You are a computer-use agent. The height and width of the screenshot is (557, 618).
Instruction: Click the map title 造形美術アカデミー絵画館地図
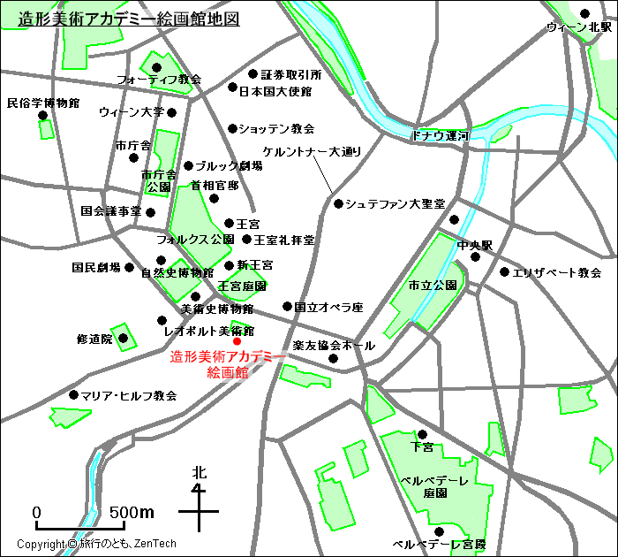pyautogui.click(x=129, y=19)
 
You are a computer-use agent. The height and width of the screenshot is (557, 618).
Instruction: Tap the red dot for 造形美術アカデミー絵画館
pyautogui.click(x=237, y=341)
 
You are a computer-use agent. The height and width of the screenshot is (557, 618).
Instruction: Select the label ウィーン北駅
pyautogui.click(x=578, y=27)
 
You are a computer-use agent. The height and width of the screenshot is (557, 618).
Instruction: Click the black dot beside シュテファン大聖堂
pyautogui.click(x=338, y=203)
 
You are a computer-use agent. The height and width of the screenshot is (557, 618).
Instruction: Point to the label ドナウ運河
pyautogui.click(x=441, y=136)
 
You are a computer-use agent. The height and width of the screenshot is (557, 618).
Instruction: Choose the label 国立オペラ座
pyautogui.click(x=328, y=308)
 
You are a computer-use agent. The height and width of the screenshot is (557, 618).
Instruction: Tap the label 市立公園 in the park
pyautogui.click(x=433, y=286)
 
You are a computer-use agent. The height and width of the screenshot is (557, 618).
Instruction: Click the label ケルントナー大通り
pyautogui.click(x=313, y=152)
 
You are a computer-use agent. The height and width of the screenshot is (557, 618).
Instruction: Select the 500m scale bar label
pyautogui.click(x=132, y=513)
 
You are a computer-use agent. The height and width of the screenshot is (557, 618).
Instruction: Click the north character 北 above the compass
pyautogui.click(x=200, y=475)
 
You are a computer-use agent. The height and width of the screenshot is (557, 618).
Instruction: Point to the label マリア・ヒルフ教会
pyautogui.click(x=129, y=395)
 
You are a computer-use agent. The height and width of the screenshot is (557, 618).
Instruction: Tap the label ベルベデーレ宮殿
pyautogui.click(x=439, y=544)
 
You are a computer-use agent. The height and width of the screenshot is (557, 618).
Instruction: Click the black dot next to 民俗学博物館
pyautogui.click(x=42, y=115)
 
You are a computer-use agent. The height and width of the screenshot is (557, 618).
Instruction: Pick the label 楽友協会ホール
pyautogui.click(x=333, y=345)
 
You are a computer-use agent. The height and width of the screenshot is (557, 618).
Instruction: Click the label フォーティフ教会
pyautogui.click(x=159, y=80)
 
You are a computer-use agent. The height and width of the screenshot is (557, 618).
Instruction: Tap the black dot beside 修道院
pyautogui.click(x=123, y=338)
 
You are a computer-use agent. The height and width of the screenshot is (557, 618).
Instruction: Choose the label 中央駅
pyautogui.click(x=474, y=245)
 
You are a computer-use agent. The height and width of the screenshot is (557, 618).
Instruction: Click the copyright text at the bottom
pyautogui.click(x=97, y=545)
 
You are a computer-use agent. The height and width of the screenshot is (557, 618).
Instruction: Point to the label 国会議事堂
pyautogui.click(x=111, y=211)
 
